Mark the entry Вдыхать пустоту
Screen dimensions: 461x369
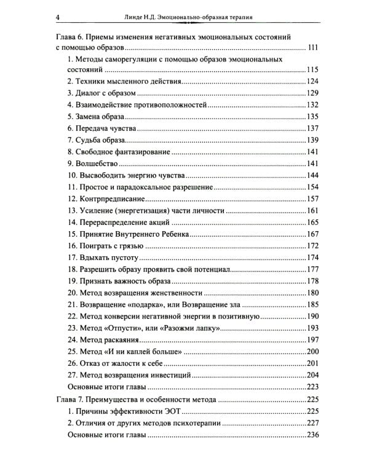(x=106, y=258)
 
